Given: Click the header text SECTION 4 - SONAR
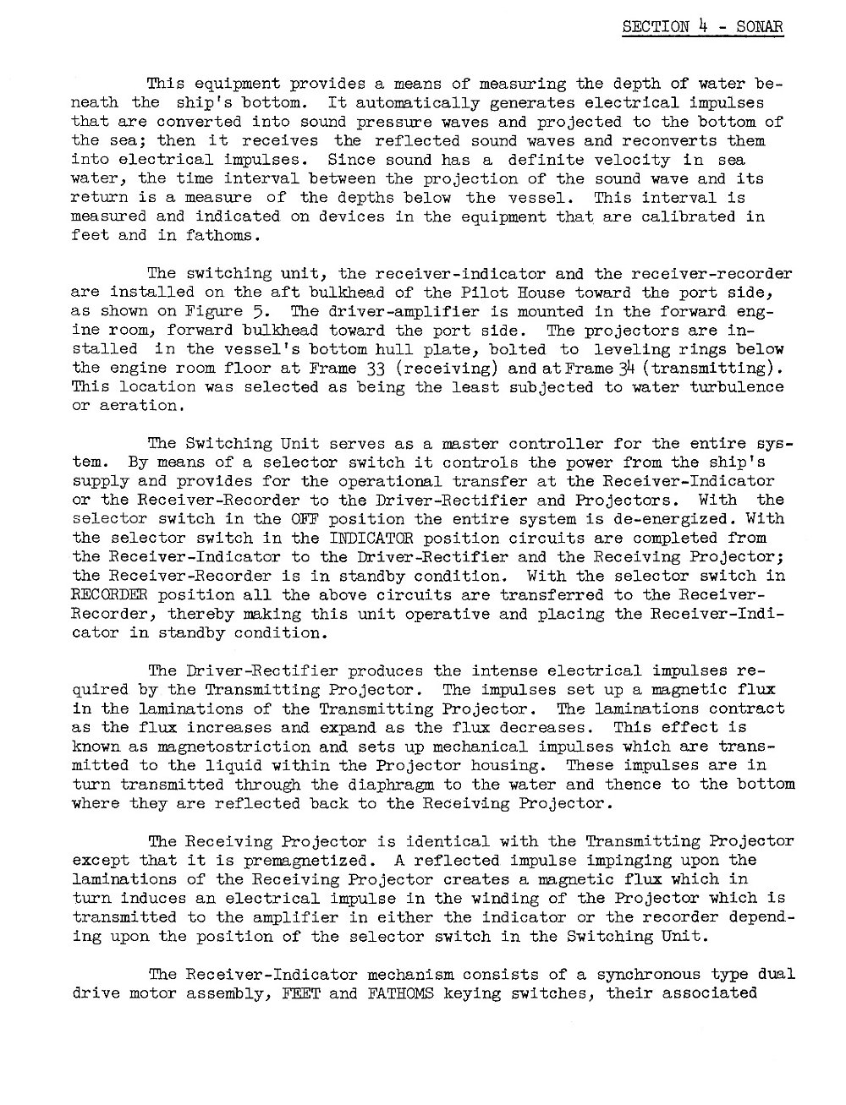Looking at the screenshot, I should pos(702,27).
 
